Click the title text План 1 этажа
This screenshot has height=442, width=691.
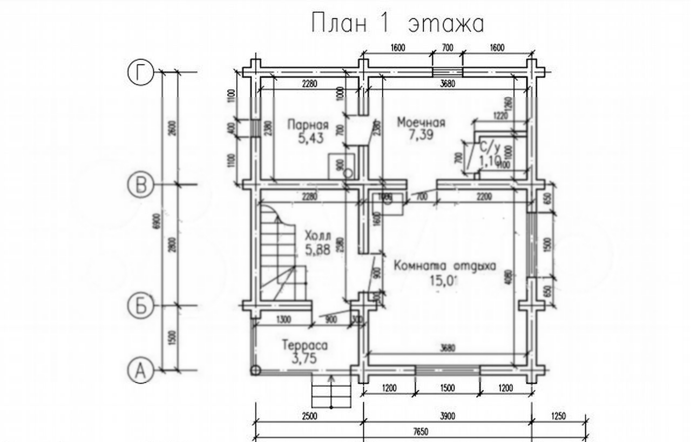coord(398,24)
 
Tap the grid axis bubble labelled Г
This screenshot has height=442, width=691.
coord(140,72)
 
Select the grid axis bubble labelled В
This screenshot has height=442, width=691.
coord(140,185)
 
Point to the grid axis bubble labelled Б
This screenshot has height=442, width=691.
coord(140,306)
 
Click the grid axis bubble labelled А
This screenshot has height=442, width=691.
coord(140,371)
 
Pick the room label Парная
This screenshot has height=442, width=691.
coord(308,124)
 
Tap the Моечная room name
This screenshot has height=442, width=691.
coord(421,123)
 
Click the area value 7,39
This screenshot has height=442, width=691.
coord(421,135)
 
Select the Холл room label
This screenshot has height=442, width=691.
coord(317,236)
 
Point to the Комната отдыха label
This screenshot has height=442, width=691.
coord(445,266)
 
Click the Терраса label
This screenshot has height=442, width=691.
coord(305,345)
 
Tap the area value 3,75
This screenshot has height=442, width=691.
coord(305,358)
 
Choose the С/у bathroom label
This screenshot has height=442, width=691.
coord(489,146)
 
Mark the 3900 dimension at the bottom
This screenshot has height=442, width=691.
coord(447,416)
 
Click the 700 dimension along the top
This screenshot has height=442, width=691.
coord(447,48)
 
